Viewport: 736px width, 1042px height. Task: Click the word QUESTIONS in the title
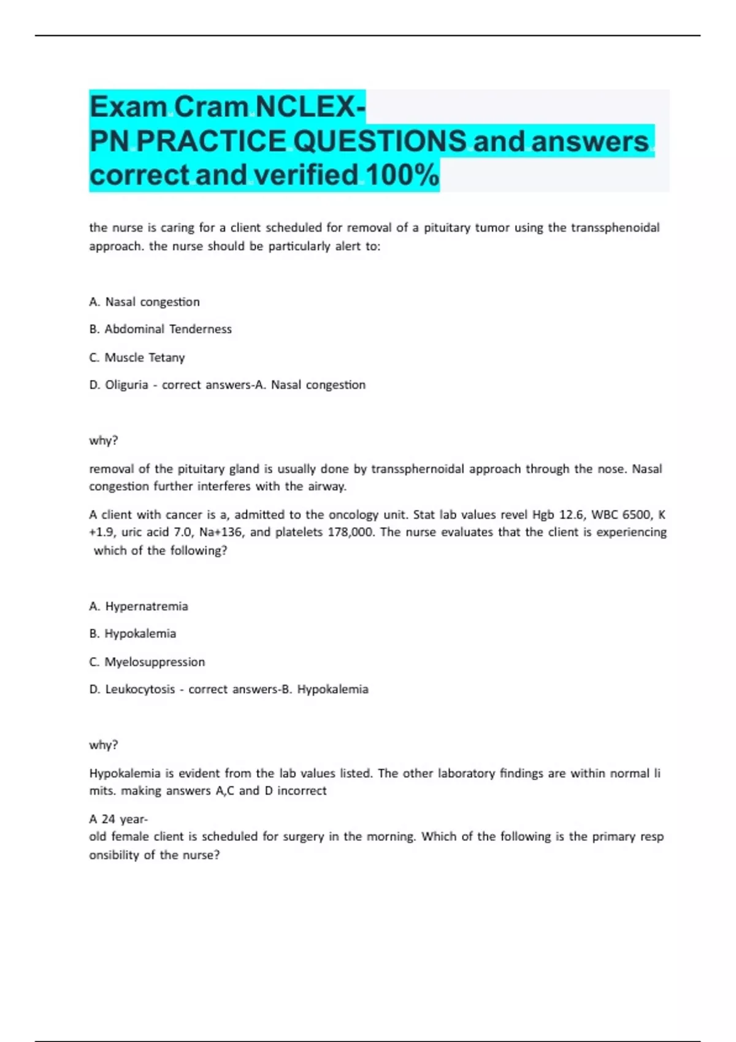click(x=380, y=141)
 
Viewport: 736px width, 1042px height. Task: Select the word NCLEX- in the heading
click(x=310, y=107)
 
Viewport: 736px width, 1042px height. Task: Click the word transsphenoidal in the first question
click(x=615, y=227)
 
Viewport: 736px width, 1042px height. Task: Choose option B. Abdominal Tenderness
click(x=160, y=329)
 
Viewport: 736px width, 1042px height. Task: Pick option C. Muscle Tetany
click(x=137, y=357)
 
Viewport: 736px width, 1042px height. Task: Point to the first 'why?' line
click(x=104, y=441)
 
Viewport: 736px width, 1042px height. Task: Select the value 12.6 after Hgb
click(x=572, y=515)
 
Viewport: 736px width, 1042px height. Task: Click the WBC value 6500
click(x=637, y=515)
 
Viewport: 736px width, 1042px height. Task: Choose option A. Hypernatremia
click(x=139, y=606)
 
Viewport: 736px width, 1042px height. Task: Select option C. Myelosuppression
click(x=147, y=662)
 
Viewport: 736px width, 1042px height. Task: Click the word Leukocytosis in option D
click(x=140, y=690)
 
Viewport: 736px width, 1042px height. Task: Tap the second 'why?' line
click(x=104, y=745)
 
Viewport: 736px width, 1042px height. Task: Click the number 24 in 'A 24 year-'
click(x=109, y=819)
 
